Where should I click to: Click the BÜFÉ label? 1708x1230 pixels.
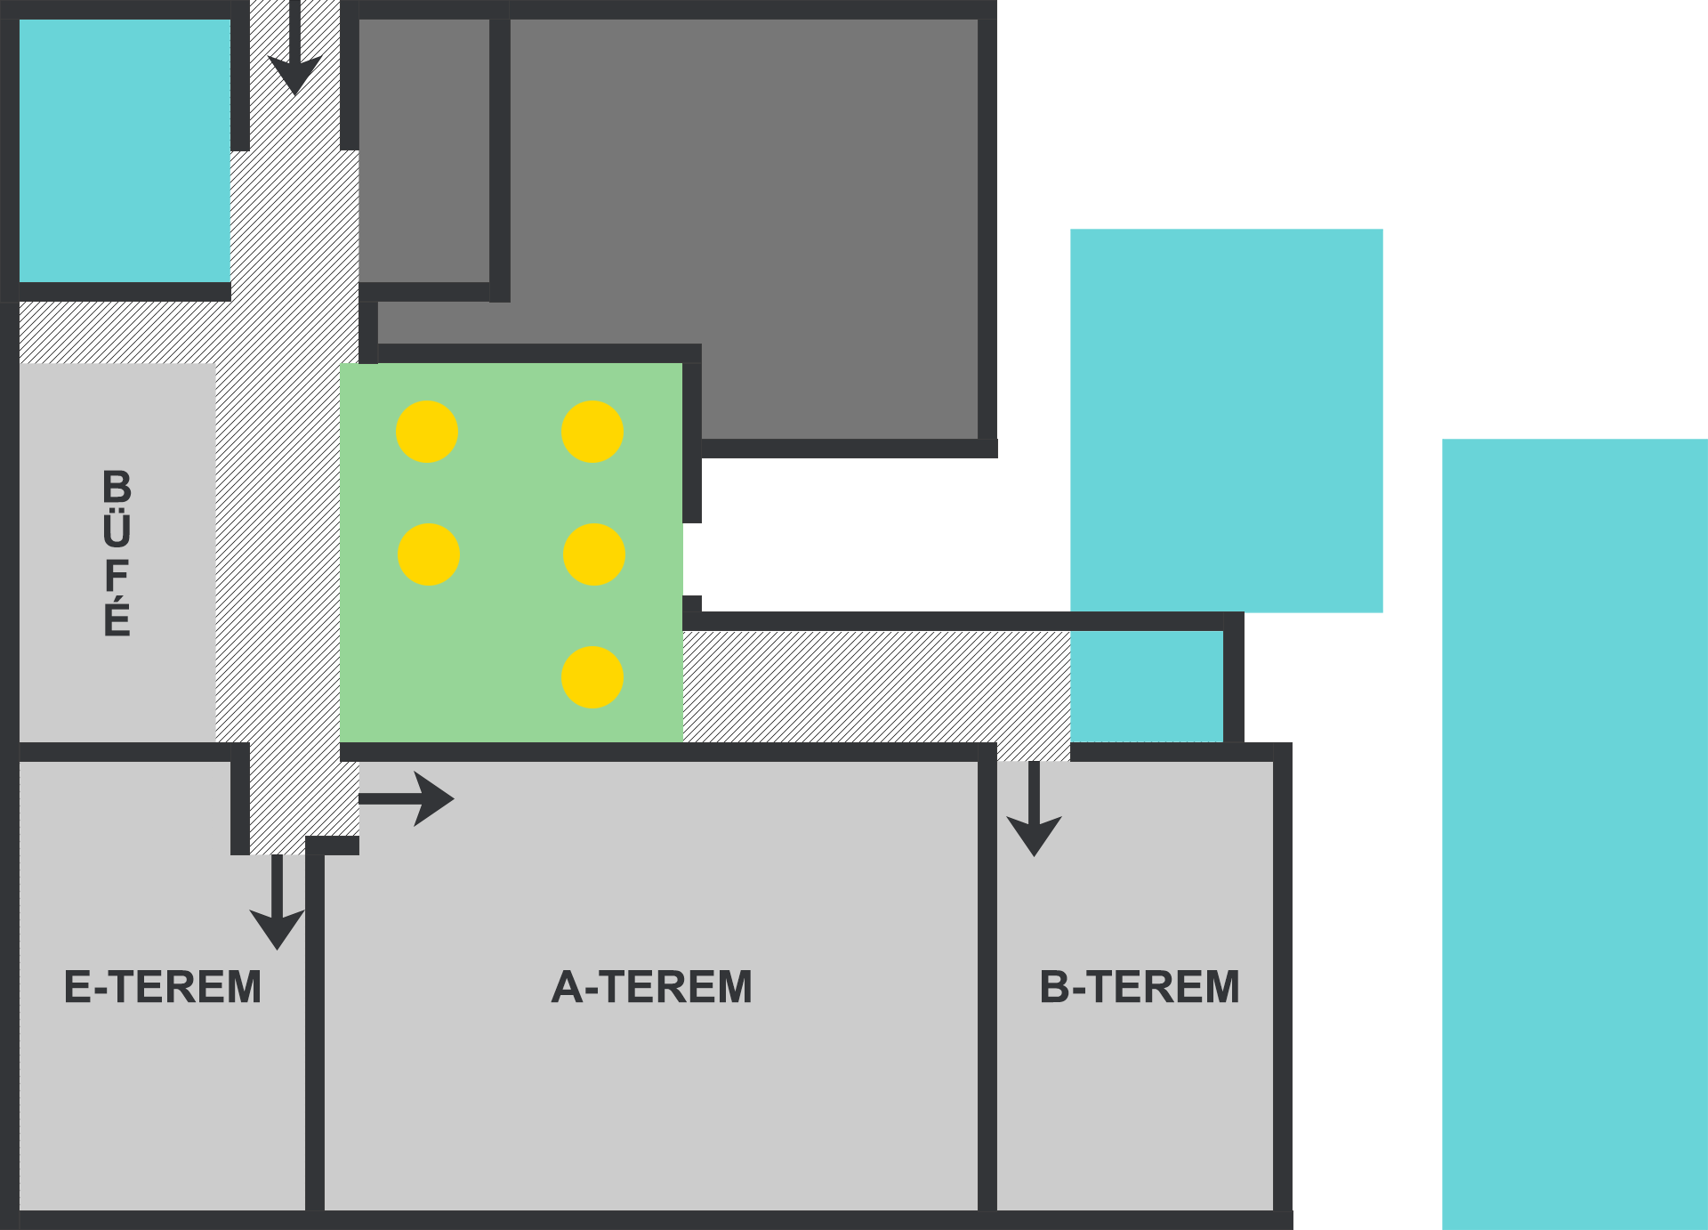pos(117,553)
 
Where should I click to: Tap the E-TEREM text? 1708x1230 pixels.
pos(163,987)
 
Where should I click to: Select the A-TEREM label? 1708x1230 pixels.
pos(652,987)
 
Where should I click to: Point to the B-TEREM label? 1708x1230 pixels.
pos(1140,987)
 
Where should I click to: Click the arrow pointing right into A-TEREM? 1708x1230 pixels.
pos(407,799)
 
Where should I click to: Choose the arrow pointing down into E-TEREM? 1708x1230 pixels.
pos(278,902)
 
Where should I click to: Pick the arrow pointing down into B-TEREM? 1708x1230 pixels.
pos(1034,808)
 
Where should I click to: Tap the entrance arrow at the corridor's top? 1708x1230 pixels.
pos(295,48)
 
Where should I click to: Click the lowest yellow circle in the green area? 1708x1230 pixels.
pos(592,677)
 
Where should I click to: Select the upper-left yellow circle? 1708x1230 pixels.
pos(427,432)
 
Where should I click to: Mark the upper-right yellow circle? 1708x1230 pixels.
pos(592,432)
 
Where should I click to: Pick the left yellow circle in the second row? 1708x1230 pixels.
pos(429,554)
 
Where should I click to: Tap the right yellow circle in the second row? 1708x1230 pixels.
pos(594,554)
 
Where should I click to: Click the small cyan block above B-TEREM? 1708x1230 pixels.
pos(1147,686)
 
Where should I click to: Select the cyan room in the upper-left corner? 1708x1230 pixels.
pos(125,150)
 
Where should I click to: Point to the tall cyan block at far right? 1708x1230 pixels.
pos(1575,834)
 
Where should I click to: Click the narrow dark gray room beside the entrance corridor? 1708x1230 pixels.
pos(424,150)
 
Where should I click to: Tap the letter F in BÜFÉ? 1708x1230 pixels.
pos(117,576)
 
